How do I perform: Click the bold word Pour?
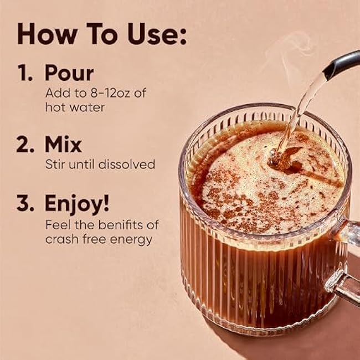pos(69,73)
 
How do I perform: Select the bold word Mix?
pos(63,144)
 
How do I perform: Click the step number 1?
pos(24,73)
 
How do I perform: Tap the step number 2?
pos(25,144)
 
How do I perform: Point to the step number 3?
pos(25,203)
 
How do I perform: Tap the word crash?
pos(62,239)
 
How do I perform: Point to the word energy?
pos(131,240)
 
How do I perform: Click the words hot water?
pos(75,107)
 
